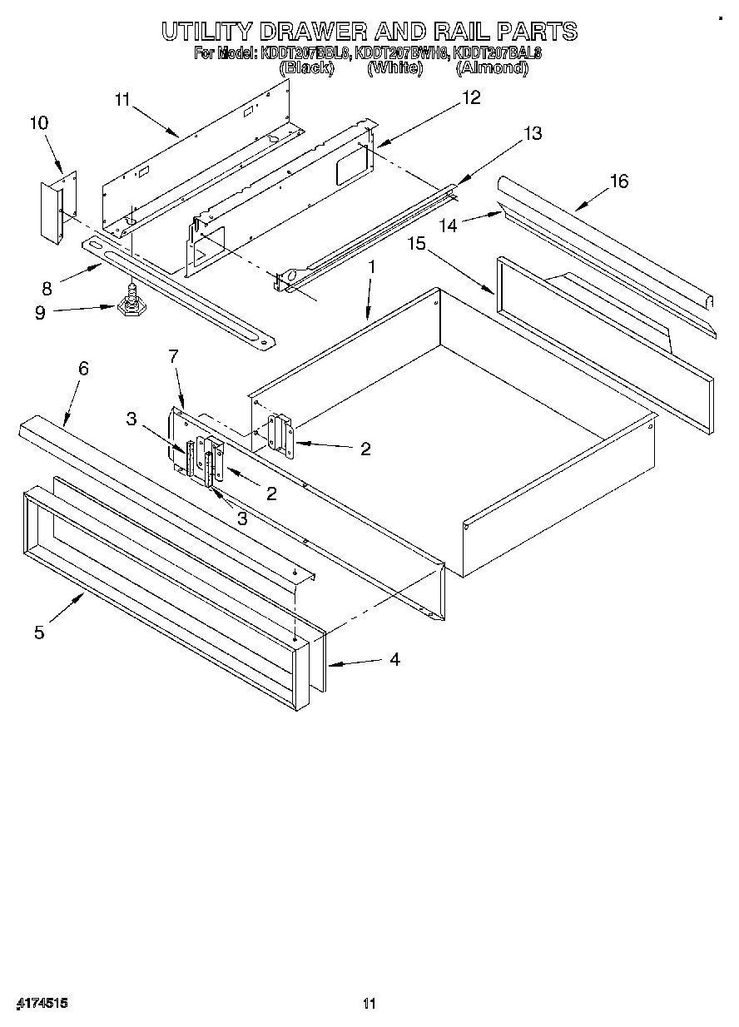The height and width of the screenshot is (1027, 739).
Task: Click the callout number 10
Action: coord(39,123)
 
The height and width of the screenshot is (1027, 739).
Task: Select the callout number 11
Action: coord(123,100)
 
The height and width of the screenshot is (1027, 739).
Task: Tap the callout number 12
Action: coord(471,98)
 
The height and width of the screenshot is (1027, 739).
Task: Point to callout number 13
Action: coord(533,133)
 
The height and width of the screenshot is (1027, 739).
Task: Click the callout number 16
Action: coord(619,181)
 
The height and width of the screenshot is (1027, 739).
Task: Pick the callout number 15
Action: coord(416,243)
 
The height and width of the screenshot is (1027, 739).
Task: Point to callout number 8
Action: coord(47,290)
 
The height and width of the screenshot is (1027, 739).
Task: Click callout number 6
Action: coord(83,368)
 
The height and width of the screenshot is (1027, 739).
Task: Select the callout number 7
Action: coord(173,356)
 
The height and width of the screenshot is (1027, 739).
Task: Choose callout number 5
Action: coord(39,633)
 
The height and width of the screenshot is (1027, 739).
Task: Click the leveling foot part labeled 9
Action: coord(130,303)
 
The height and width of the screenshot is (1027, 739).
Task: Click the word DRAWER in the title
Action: coord(313,32)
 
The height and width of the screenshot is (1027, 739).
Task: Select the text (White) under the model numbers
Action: coord(395,69)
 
